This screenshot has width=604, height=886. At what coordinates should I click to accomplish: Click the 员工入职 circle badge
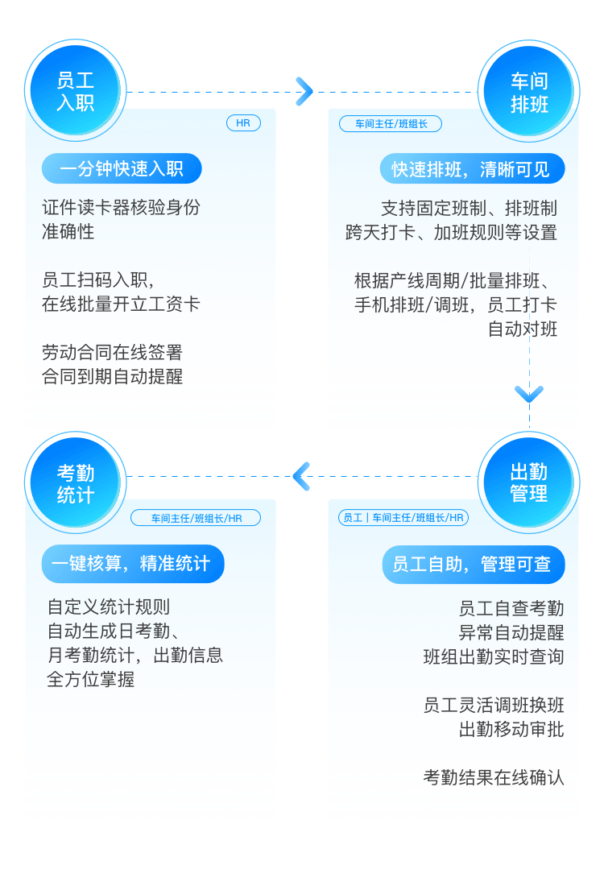click(75, 91)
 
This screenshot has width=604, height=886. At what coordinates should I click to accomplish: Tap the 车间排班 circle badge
click(529, 91)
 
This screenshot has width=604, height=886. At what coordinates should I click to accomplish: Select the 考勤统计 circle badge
click(75, 483)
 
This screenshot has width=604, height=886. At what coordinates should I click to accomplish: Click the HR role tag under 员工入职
click(243, 123)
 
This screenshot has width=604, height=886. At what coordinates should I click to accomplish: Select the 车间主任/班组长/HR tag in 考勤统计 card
click(196, 518)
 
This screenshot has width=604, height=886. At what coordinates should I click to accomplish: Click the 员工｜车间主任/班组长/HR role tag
click(403, 517)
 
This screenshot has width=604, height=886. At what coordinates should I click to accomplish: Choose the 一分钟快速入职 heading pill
click(122, 169)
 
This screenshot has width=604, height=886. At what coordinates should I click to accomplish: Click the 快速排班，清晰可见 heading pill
click(472, 169)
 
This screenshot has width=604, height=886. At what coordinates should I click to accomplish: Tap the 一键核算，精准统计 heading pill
click(133, 564)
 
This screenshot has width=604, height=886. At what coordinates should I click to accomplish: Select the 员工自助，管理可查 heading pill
click(474, 565)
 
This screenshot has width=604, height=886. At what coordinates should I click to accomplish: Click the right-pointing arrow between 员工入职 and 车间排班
click(304, 92)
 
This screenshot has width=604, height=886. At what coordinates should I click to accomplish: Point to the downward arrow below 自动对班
click(529, 394)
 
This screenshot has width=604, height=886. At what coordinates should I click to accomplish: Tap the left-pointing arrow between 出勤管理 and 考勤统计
click(301, 476)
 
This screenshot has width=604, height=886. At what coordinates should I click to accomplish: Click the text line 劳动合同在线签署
click(113, 353)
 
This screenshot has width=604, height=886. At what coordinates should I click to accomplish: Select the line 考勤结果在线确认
click(494, 777)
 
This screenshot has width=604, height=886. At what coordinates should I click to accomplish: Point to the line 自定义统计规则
click(109, 607)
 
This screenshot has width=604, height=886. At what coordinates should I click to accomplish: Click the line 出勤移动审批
click(511, 730)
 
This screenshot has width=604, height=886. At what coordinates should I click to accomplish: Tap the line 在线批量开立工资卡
click(121, 304)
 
